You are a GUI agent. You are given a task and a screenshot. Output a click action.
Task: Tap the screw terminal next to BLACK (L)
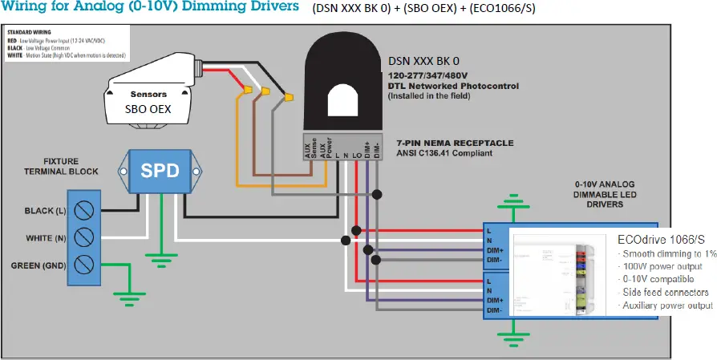[83, 211]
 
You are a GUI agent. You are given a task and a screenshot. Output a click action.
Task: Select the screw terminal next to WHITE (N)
[83, 238]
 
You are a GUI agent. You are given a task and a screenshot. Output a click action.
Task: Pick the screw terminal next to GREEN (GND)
[83, 265]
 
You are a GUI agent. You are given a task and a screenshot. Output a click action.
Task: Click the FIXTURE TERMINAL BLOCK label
[72, 166]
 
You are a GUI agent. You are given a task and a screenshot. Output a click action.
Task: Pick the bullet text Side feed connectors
[665, 292]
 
